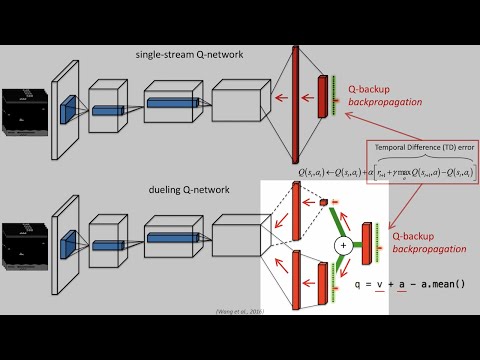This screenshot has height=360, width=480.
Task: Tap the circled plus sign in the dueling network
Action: (343, 244)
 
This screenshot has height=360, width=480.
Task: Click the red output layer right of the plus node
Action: (368, 244)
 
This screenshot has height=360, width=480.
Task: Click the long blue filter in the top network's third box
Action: (172, 101)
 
